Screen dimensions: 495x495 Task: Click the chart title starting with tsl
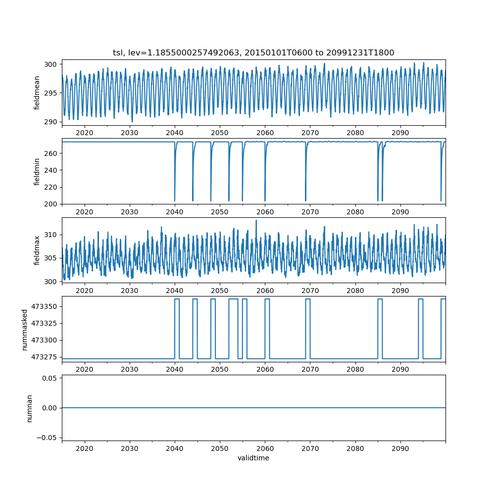[x=253, y=53]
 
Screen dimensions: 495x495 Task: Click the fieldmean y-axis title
[x=37, y=93]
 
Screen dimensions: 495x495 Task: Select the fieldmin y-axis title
[x=37, y=171]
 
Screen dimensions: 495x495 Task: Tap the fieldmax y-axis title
[x=37, y=250]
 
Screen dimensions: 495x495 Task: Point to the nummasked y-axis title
[x=24, y=329]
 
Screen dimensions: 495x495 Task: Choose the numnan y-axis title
[x=29, y=408]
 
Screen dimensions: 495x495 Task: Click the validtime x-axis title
[x=253, y=458]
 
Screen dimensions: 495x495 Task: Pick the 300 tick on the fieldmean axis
[x=50, y=64]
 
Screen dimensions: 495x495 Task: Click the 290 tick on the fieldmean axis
[x=50, y=122]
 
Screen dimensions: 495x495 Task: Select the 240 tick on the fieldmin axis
[x=50, y=170]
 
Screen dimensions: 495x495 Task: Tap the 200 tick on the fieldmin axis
[x=50, y=204]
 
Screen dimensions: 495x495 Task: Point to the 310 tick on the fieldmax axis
[x=50, y=234]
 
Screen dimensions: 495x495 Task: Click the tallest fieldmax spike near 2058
[x=256, y=221]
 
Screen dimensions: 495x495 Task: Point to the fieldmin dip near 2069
[x=305, y=200]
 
